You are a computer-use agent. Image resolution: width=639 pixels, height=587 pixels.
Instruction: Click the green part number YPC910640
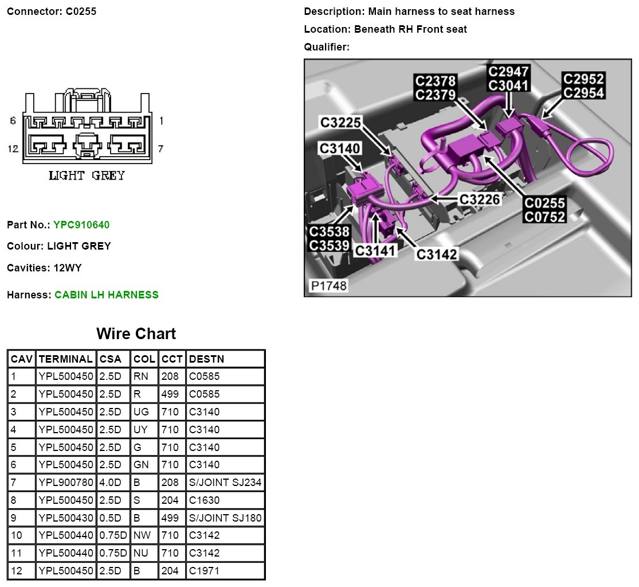click(81, 225)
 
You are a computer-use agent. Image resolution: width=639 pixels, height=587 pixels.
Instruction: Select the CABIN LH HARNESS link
click(107, 295)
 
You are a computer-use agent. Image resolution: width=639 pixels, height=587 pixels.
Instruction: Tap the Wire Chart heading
click(136, 333)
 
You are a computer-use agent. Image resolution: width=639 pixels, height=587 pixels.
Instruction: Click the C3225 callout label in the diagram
click(340, 122)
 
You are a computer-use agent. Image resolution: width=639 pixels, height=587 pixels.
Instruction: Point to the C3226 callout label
click(480, 199)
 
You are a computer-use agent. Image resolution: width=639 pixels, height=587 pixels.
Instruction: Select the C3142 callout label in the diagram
click(437, 254)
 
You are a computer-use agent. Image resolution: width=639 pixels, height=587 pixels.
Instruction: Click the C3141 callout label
click(375, 251)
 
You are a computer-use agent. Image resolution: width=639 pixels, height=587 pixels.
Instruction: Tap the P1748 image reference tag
click(328, 285)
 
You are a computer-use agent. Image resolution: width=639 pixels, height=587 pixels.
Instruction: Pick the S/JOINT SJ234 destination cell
click(225, 483)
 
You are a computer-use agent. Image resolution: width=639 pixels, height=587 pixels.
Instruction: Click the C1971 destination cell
click(204, 571)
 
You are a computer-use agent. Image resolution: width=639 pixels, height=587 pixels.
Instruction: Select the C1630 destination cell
click(204, 500)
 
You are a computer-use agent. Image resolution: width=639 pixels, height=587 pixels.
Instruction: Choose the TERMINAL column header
click(65, 359)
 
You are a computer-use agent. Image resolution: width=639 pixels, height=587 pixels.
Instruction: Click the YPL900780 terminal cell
click(65, 483)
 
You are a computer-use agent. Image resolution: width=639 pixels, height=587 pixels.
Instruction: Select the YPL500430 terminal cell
click(65, 518)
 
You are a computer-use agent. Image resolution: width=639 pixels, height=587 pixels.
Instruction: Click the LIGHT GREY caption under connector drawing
click(87, 176)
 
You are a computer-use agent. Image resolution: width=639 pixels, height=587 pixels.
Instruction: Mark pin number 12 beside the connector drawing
click(13, 149)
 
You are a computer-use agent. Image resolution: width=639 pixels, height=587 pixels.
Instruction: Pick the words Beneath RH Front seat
click(410, 29)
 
